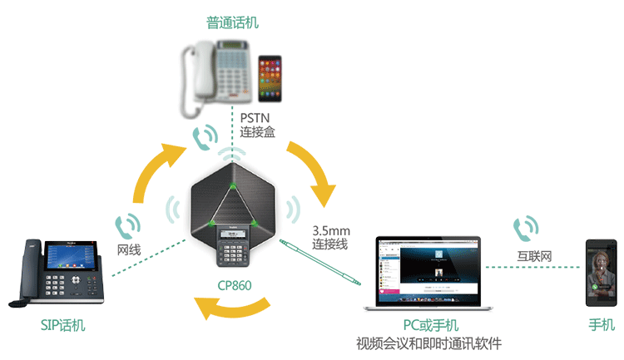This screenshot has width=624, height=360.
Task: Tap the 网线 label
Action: pyautogui.click(x=126, y=249)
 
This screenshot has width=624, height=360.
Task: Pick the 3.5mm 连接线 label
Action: pyautogui.click(x=330, y=237)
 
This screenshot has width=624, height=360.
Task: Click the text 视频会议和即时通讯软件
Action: pyautogui.click(x=428, y=343)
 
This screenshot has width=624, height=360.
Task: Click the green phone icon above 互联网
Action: pyautogui.click(x=525, y=227)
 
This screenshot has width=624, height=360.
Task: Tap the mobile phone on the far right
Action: pyautogui.click(x=601, y=274)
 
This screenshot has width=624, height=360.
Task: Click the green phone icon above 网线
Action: pyautogui.click(x=127, y=224)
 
